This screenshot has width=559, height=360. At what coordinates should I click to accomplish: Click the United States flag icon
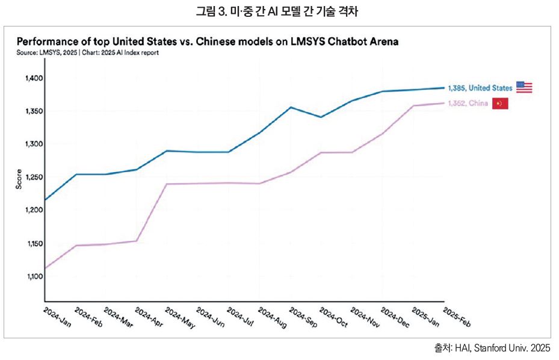(x=524, y=87)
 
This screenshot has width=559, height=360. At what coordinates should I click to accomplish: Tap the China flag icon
(x=501, y=104)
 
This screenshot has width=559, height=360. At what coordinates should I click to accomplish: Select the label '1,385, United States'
(x=480, y=88)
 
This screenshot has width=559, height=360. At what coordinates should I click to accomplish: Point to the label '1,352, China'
(x=468, y=104)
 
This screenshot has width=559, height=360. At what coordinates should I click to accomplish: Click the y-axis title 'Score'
(x=19, y=179)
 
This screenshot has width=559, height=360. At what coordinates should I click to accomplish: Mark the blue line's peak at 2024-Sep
(x=291, y=107)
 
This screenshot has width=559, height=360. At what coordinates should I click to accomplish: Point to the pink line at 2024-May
(x=167, y=184)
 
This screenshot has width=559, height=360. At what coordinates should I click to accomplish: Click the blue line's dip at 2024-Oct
(x=321, y=117)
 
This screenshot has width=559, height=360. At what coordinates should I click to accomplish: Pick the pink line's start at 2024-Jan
(x=45, y=268)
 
